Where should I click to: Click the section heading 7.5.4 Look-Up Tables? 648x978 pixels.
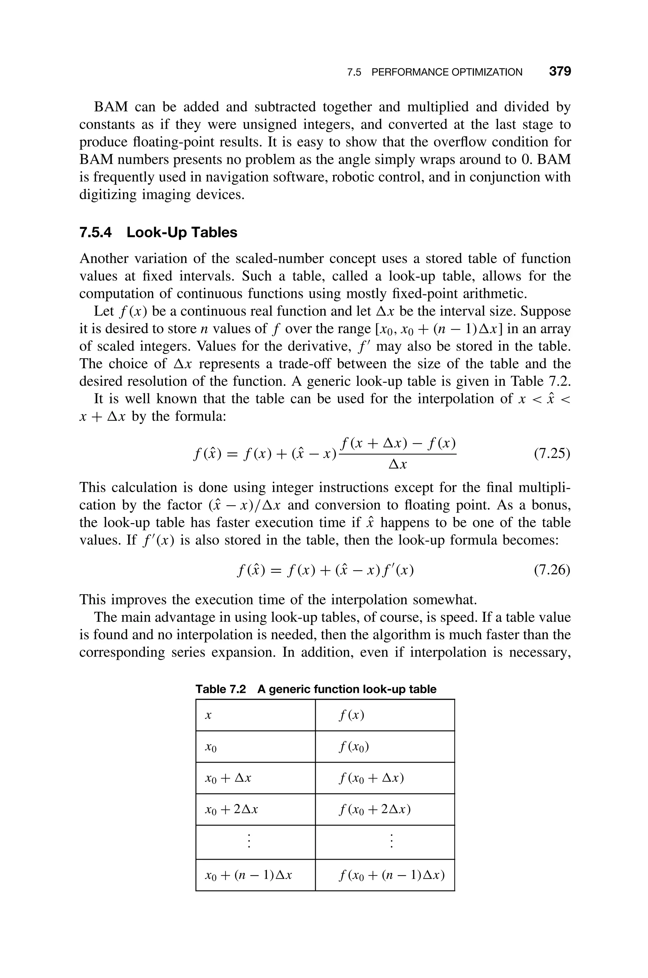pos(158,232)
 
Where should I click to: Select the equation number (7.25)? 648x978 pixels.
pos(552,454)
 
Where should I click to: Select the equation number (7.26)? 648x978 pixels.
pos(552,570)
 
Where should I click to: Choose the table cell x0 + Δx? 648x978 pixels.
pos(228,778)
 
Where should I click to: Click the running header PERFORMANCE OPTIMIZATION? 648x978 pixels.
pos(447,72)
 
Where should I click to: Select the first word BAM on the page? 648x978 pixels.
pos(111,107)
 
